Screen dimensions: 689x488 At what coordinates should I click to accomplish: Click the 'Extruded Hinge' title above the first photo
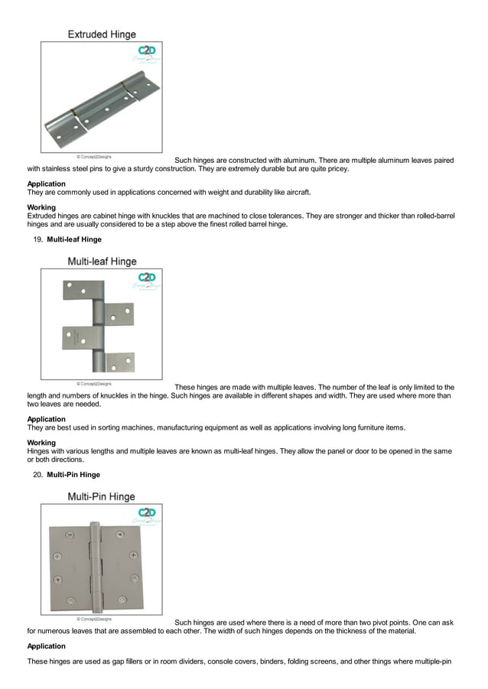[x=102, y=34]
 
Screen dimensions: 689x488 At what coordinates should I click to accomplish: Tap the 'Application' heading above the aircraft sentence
[x=47, y=184]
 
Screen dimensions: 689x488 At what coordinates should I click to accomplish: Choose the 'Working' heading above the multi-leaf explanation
[x=41, y=443]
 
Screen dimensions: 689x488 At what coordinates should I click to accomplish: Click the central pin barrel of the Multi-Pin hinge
[x=96, y=567]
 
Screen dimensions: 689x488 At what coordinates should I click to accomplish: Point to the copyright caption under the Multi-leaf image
[x=93, y=384]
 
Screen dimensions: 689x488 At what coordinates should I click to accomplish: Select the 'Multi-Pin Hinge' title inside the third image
[x=102, y=496]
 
